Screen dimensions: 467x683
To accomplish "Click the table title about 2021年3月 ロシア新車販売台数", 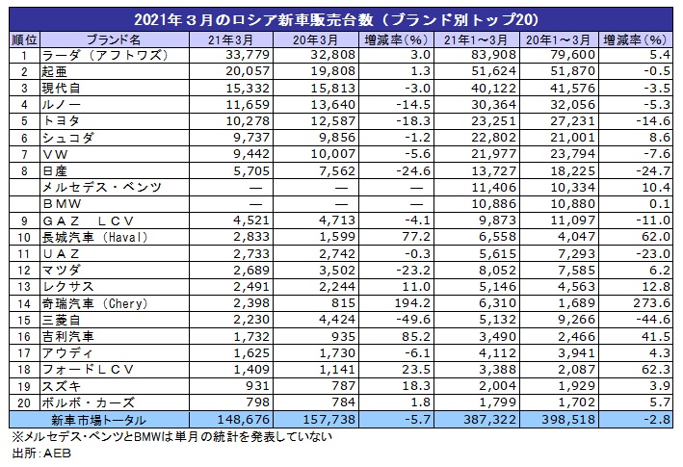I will (341, 19).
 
